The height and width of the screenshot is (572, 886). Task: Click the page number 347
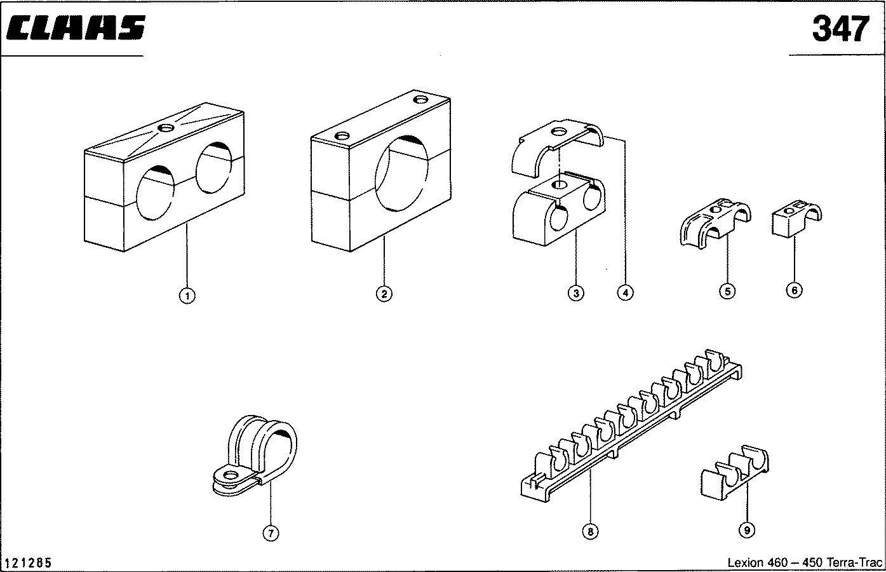840,29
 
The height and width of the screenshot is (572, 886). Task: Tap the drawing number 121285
29,563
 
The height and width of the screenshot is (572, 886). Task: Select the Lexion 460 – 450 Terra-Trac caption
805,562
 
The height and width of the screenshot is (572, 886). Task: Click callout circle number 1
187,295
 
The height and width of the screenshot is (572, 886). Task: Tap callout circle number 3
575,292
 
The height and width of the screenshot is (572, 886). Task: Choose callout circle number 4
625,292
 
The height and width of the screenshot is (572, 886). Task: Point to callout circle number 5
727,291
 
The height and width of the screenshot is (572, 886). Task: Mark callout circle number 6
794,290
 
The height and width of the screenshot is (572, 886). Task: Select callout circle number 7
271,533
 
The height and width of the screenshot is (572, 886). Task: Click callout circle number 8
590,531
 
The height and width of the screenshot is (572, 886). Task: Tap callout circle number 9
747,529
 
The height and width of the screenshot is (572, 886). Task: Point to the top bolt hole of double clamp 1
166,129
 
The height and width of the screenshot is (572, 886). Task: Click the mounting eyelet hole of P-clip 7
231,475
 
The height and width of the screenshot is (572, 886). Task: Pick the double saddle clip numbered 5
715,224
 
